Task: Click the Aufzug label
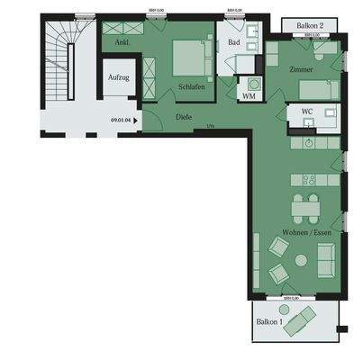click(x=118, y=78)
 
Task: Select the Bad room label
click(x=233, y=41)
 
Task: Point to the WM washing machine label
click(x=249, y=94)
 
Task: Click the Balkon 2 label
click(x=311, y=26)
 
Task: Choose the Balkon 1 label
click(x=269, y=321)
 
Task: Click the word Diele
click(x=183, y=115)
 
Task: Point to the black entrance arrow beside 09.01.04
click(x=136, y=118)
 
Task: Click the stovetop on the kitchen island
click(x=308, y=180)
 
